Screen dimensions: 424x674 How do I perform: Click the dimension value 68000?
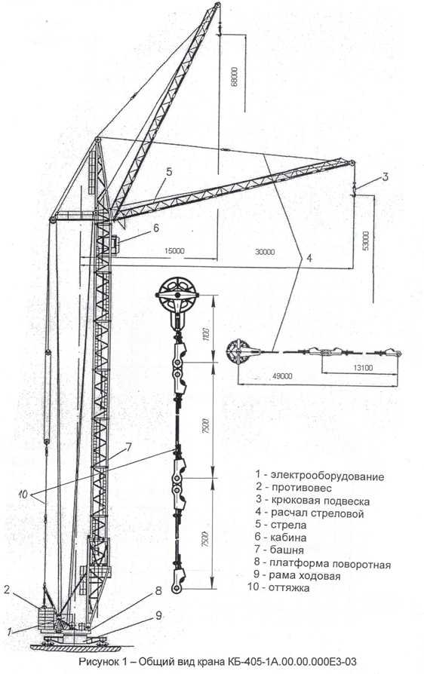[235, 77]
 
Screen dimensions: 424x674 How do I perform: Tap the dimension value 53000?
[365, 241]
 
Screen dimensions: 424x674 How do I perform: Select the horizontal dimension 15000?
[174, 251]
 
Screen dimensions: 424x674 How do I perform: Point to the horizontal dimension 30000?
[265, 252]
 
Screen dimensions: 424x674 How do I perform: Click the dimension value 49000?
[282, 376]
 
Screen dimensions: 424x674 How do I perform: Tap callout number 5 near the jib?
[169, 171]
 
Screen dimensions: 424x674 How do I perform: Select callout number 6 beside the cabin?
[155, 227]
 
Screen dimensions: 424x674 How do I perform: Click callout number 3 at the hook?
[386, 176]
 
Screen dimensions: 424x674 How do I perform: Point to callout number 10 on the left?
[23, 495]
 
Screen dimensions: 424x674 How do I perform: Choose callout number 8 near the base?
[158, 590]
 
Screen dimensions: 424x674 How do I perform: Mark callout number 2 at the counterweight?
[7, 590]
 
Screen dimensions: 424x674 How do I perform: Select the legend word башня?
[287, 550]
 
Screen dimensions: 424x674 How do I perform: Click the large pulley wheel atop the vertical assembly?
[177, 295]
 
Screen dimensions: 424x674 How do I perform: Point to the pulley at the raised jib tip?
[217, 5]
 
